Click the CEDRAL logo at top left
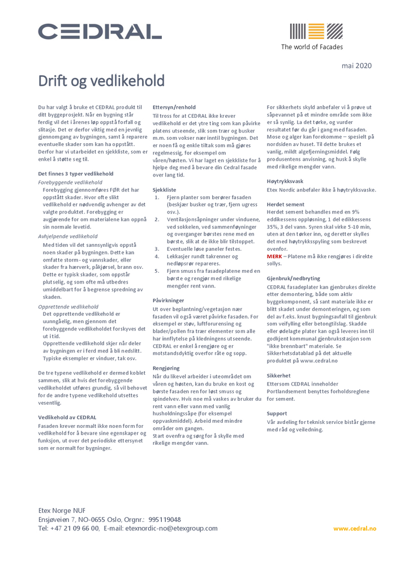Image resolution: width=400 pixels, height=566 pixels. coord(100,31)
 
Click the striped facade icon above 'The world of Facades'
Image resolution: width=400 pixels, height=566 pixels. coord(316,31)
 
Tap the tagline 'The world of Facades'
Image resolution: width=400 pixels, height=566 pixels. coord(312,47)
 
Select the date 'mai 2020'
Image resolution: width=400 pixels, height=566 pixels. coord(356,66)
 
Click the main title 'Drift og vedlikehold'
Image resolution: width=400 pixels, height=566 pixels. coord(101,82)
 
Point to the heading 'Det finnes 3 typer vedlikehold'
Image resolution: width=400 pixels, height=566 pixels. coord(76,174)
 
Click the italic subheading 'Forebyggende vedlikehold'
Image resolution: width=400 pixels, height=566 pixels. coord(70,182)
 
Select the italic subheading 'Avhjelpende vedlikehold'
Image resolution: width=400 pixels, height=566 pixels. coord(68,236)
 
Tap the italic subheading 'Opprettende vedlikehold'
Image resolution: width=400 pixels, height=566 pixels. coord(68,306)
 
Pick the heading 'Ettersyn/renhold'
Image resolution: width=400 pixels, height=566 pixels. coord(174,107)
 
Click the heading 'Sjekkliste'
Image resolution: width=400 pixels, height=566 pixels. coord(165,190)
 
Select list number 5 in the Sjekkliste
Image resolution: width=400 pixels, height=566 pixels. coord(157,271)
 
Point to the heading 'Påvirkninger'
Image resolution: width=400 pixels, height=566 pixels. coord(169,300)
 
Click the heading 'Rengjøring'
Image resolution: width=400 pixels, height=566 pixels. coord(166,368)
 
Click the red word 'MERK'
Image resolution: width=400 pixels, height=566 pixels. coord(274,256)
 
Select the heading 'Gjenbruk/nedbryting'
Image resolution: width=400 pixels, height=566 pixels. coord(293,278)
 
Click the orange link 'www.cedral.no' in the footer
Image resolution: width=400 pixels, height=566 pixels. coord(354,528)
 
